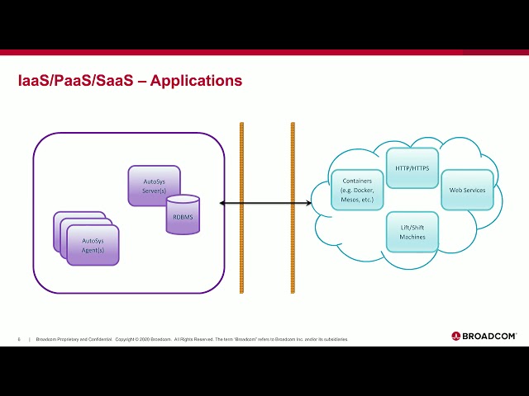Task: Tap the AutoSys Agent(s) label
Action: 93,245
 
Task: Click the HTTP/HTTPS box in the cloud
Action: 412,167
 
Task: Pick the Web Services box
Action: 467,190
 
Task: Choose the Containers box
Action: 355,190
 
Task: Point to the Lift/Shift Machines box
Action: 412,232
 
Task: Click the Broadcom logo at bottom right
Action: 484,336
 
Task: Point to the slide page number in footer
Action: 19,339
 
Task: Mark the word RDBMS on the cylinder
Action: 183,216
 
